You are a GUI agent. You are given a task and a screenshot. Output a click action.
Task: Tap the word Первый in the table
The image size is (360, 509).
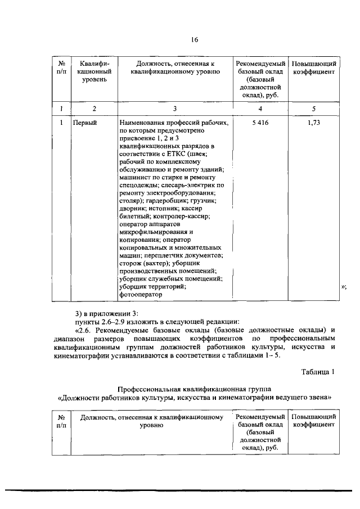point(85,122)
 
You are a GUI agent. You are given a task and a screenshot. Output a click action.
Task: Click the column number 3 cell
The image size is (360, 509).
point(175,108)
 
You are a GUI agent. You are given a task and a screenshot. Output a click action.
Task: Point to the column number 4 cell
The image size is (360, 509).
point(260,108)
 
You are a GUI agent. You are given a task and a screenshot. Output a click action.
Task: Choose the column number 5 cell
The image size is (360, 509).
point(314,108)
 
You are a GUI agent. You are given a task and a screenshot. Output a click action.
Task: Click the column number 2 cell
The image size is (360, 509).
point(94,108)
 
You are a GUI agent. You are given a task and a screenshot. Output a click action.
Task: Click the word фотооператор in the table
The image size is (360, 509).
point(140,294)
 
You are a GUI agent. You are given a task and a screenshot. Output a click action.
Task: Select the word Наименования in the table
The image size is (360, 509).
point(144,122)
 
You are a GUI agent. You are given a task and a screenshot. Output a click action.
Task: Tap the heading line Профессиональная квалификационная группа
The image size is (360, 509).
point(194,389)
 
